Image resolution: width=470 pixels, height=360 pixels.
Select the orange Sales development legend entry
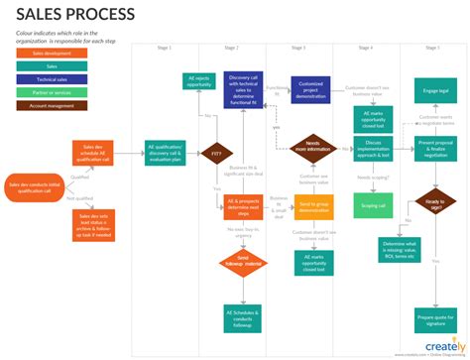coord(53,53)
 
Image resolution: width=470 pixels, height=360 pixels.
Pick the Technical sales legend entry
coord(53,78)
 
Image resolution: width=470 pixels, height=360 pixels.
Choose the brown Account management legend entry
coord(53,104)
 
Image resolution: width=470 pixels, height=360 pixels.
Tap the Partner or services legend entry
coord(53,91)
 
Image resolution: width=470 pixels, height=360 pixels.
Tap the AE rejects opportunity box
coord(201,82)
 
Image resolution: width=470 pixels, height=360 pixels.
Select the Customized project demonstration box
coord(310,88)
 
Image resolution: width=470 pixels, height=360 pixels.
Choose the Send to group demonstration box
coord(313,207)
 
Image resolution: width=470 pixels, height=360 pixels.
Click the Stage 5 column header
coord(433,48)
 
